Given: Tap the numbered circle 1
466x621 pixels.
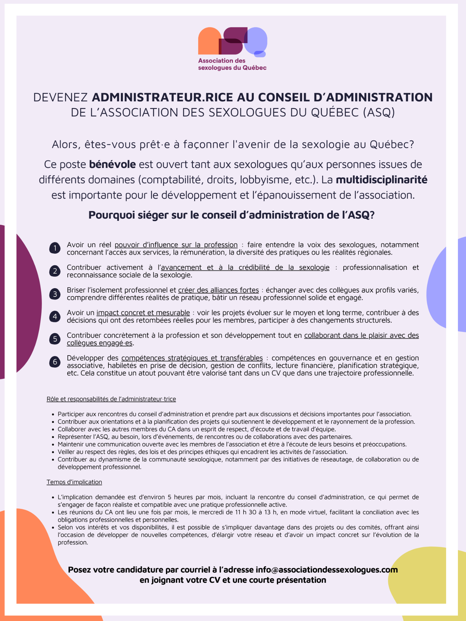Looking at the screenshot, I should pos(55,248).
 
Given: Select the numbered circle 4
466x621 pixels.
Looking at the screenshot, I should pos(55,316).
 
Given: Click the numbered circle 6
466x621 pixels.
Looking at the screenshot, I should pos(55,362).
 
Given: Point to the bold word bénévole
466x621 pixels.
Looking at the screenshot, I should pos(112,164).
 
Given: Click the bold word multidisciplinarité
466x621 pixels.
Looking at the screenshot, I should pos(381,180).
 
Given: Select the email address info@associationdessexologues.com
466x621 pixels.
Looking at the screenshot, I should pos(327,570).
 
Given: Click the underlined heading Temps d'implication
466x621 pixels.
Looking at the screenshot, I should pos(74,482).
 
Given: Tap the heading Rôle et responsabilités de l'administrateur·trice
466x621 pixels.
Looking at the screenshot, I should pos(111,399).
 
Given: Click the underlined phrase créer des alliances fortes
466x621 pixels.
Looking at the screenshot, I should pos(218,290).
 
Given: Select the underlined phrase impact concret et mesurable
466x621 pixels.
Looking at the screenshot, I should pos(143,313).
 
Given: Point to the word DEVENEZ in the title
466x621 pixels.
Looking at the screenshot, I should pos(61,97).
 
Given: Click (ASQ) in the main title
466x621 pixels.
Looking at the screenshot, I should pos(379,112).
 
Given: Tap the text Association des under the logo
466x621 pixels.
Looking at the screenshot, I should pos(222,61).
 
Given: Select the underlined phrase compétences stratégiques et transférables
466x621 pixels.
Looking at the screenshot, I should pos(192,358).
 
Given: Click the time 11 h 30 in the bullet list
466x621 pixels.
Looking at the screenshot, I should pos(245,512).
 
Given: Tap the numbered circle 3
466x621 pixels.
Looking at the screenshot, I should pos(55,294).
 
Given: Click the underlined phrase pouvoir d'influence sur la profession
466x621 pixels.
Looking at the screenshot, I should pos(176,245).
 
